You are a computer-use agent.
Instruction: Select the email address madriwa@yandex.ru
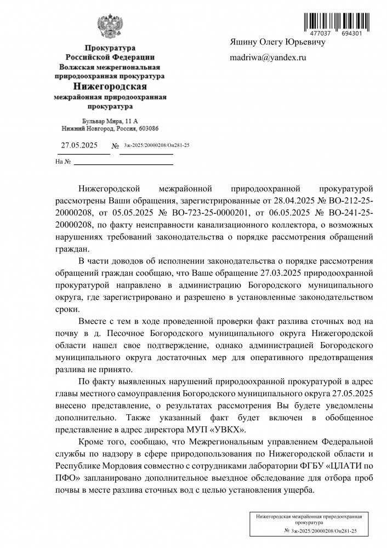click(268, 57)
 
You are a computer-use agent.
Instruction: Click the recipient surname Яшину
click(243, 42)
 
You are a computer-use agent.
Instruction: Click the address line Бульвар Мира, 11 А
click(110, 120)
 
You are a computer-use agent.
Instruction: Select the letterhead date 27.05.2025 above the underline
click(79, 145)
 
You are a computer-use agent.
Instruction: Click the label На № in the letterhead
click(63, 162)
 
